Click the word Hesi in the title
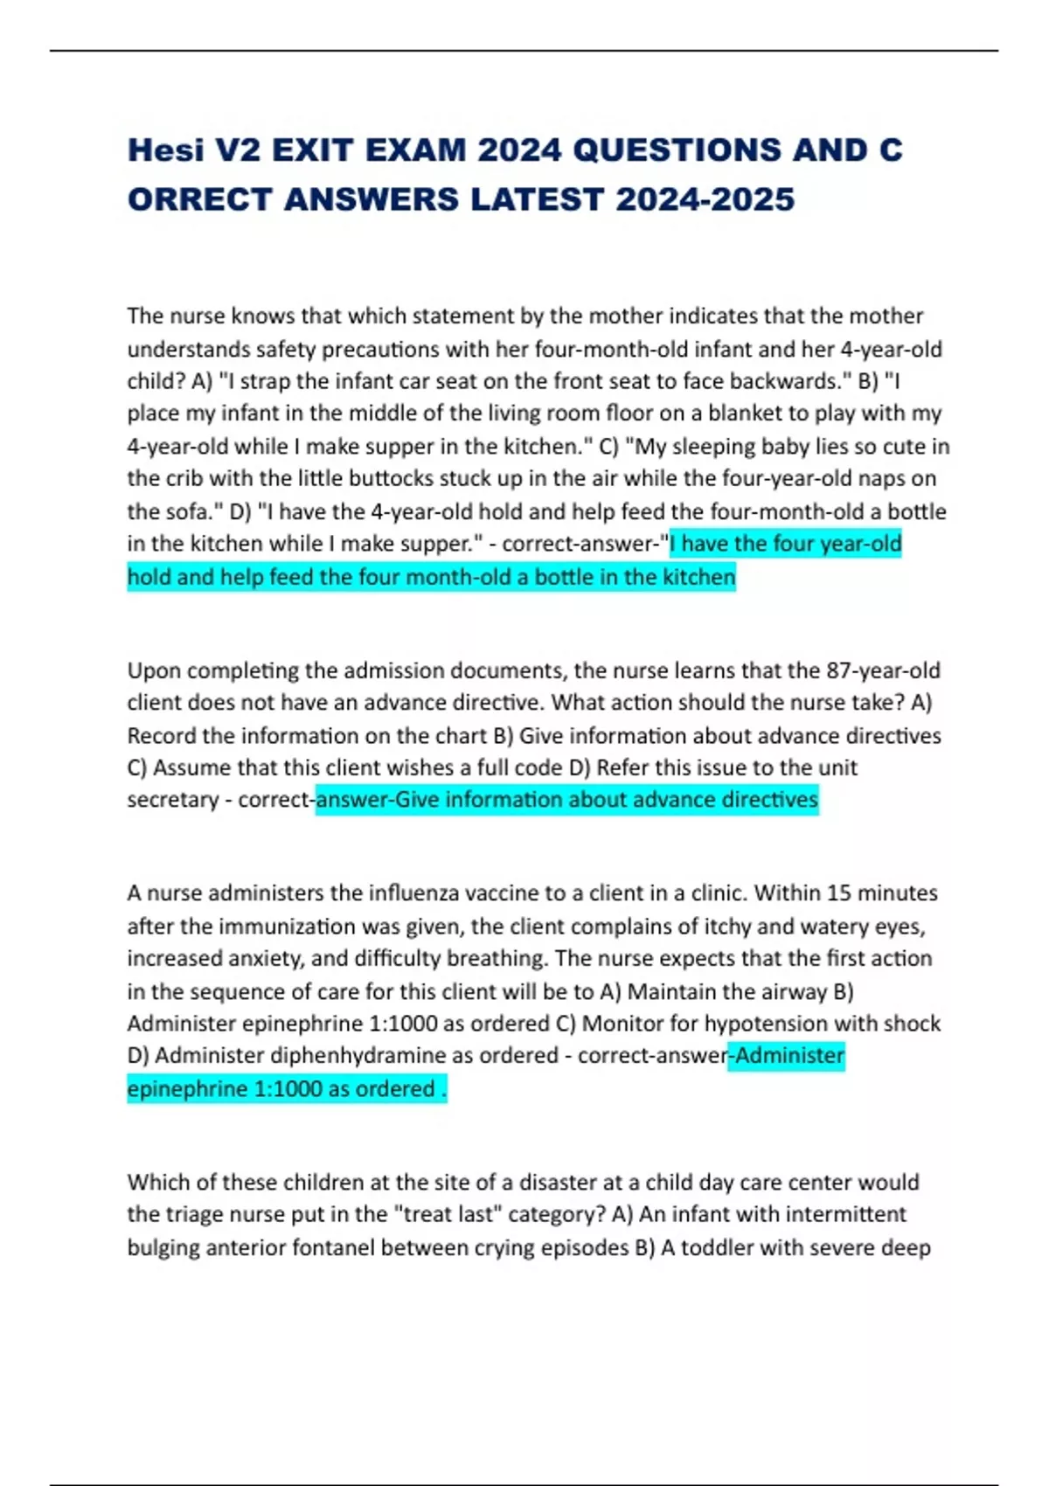pos(164,150)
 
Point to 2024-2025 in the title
pos(705,199)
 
